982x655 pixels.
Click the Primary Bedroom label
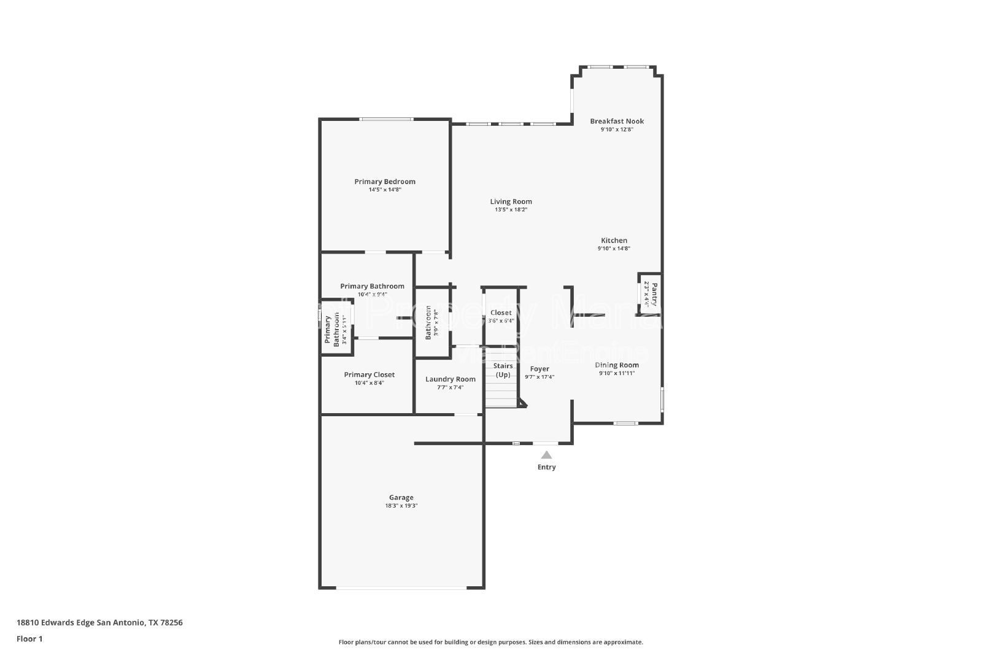coord(385,182)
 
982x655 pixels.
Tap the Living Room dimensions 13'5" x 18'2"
coord(511,210)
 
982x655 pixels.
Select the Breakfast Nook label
coord(617,122)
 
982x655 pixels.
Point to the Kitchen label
coord(614,241)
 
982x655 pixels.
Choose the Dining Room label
coord(617,365)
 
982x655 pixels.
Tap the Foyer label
coord(539,369)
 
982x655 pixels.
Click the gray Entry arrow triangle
coord(546,455)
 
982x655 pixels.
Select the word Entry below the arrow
coord(546,467)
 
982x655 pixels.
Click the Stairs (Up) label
coord(503,370)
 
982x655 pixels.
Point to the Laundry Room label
coord(450,379)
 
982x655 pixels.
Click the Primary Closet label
coord(369,375)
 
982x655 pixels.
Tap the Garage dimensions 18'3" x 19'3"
coord(401,506)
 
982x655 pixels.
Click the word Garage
coord(401,498)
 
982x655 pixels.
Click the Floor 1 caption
coord(29,639)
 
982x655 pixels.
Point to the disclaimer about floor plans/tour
coord(490,642)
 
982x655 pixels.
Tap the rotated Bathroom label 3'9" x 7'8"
coord(432,322)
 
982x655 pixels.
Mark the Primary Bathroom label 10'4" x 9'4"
coord(372,287)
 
